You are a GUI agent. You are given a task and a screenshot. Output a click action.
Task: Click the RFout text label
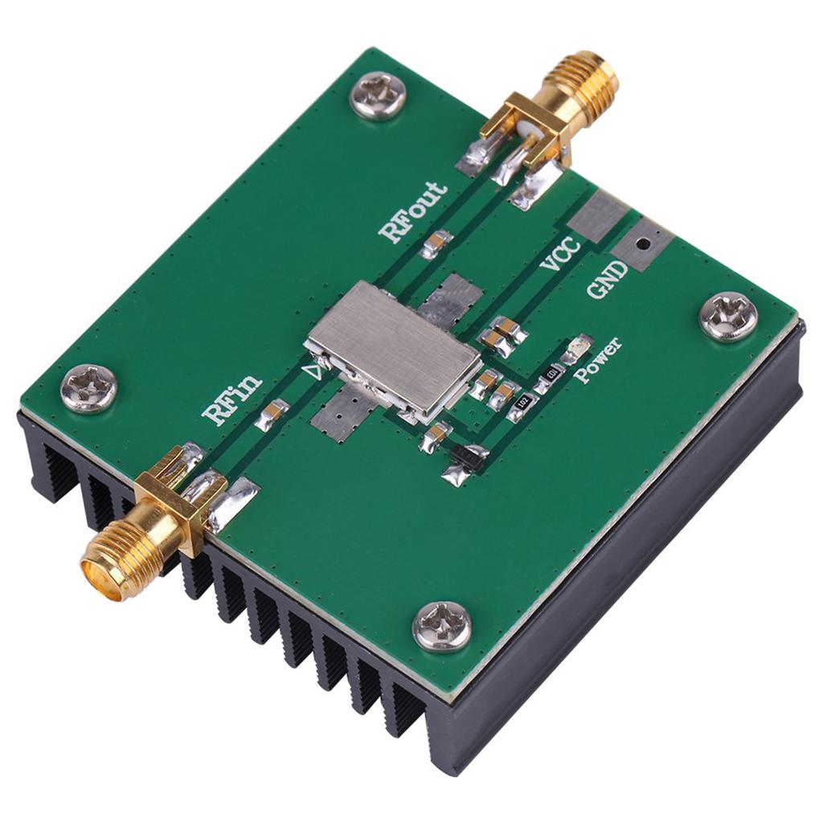click(x=414, y=212)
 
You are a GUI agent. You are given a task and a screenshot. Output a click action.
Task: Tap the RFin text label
click(x=232, y=399)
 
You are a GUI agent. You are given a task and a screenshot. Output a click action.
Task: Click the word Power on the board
click(x=597, y=361)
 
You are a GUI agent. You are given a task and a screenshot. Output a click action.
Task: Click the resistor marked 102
click(x=521, y=407)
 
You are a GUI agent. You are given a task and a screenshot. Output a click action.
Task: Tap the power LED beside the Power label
click(x=577, y=347)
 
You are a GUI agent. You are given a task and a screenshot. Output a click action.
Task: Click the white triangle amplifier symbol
click(x=318, y=371)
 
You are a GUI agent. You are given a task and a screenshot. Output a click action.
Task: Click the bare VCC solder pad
click(x=597, y=215)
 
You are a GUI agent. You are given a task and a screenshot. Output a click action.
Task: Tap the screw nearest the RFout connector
click(x=378, y=95)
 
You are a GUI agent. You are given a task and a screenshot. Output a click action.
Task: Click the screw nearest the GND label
click(x=727, y=316)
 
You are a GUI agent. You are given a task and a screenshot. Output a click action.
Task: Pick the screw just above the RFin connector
click(x=88, y=388)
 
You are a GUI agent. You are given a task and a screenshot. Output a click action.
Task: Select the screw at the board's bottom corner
click(x=441, y=624)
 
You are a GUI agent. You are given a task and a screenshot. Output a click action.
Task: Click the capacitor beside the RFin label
click(x=272, y=415)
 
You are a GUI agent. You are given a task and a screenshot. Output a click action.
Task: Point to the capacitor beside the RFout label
click(x=436, y=242)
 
